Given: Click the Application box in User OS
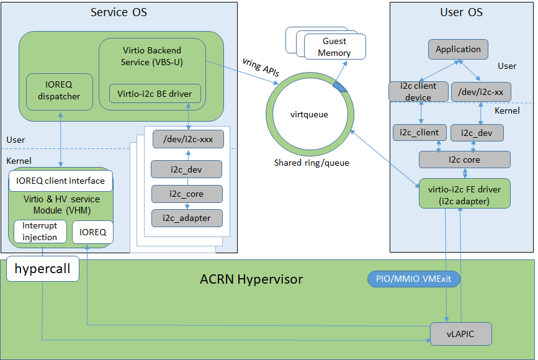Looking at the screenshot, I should [458, 50].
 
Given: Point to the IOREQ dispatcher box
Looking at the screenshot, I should [60, 91].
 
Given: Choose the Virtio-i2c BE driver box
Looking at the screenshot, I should [155, 94].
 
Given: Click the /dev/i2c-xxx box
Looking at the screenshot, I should [187, 140].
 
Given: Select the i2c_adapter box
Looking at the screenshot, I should [187, 218].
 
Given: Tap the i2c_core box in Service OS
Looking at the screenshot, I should [187, 194].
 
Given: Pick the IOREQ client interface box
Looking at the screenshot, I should [61, 182].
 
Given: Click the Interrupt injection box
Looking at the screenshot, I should [40, 232].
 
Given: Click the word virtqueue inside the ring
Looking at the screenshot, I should [309, 115].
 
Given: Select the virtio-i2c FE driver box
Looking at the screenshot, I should [464, 193].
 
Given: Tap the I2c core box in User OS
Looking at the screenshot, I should [464, 160].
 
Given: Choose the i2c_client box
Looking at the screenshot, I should [419, 132].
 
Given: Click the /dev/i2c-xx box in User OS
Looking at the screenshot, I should [481, 92].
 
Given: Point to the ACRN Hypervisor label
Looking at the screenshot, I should [251, 279].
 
